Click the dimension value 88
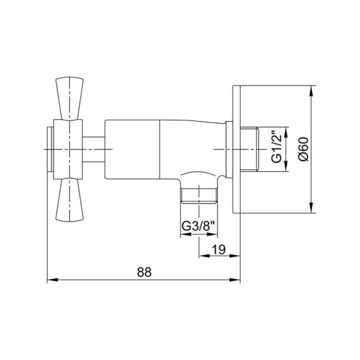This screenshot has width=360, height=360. [x=145, y=273]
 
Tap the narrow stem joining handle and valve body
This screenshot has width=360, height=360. [x=94, y=149]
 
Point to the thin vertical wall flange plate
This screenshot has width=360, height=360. [x=237, y=149]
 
